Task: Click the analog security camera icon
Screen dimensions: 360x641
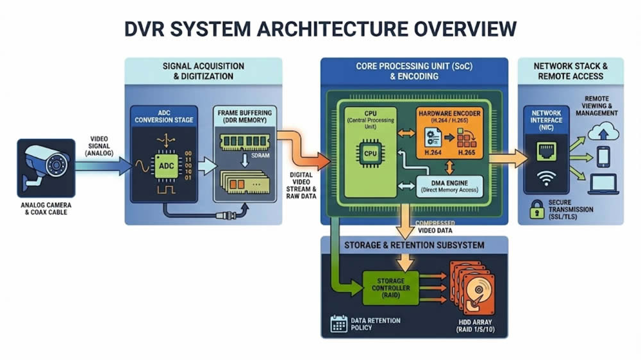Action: click(x=43, y=166)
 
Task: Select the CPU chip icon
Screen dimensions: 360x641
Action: click(x=370, y=154)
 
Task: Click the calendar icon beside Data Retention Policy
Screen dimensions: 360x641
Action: click(x=338, y=323)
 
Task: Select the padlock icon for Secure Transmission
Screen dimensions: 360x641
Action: click(x=537, y=208)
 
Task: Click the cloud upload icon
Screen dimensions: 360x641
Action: click(x=602, y=132)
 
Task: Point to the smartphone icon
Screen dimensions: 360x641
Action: click(x=603, y=157)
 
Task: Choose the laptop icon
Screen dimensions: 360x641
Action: click(x=603, y=184)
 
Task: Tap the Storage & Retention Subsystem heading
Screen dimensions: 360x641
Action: click(x=414, y=245)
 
